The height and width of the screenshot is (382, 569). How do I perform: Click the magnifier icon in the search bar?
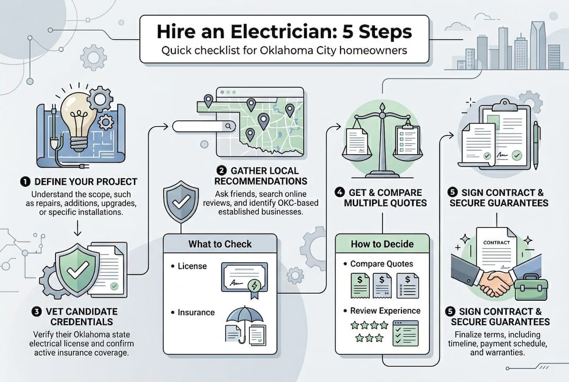[229, 126]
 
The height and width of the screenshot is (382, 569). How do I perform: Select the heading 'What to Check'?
[220, 244]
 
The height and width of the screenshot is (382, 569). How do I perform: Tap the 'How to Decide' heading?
[382, 244]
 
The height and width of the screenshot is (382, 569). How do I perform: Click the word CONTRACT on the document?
[496, 242]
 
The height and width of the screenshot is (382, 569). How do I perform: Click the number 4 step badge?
[342, 193]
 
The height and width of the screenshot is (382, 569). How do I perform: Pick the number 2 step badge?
[222, 171]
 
